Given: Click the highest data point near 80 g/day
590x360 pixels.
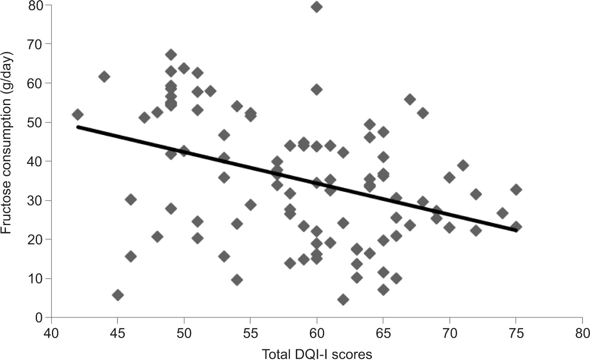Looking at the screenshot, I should pos(317,7).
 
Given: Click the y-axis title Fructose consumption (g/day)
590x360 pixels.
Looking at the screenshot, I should pos(7,143).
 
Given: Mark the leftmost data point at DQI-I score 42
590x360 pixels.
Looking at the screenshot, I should pos(78,115).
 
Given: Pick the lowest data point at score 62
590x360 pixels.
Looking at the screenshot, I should pos(343,299).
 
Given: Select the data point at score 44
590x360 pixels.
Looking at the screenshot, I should pos(104,76).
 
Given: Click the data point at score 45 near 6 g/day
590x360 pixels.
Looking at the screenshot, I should pos(118,295).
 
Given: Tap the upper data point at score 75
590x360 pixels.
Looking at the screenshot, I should pos(516,190).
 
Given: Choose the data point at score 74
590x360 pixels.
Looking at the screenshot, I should pos(503,213).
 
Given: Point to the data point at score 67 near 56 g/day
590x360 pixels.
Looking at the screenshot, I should pos(410,100).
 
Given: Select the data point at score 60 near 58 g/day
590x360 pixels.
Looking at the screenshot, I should pos(317,90).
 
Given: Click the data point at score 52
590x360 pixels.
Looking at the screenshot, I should pos(210,91).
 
